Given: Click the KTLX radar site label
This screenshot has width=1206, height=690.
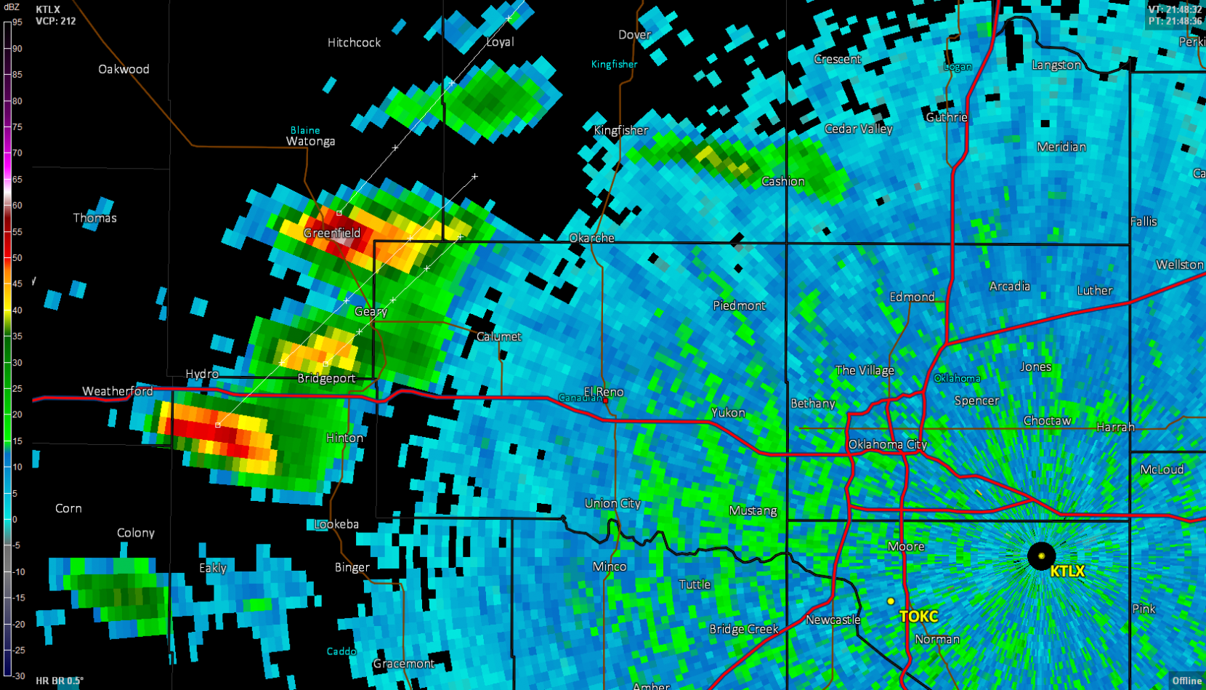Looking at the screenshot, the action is coord(1067,571).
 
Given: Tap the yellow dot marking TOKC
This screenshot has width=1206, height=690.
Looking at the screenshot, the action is coord(891,601).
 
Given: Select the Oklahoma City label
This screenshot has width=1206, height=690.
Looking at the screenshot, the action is coord(887,444).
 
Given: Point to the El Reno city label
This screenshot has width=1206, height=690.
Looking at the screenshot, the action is coord(604,392).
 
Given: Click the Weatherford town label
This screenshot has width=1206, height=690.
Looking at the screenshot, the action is coord(117,391).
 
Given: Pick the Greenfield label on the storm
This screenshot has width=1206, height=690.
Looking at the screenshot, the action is coord(331,233).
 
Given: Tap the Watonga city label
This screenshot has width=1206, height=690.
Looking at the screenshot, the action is coord(310,141).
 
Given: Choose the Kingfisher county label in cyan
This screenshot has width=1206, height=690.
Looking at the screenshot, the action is coord(614,64).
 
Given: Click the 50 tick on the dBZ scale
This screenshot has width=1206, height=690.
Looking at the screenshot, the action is coord(17,257).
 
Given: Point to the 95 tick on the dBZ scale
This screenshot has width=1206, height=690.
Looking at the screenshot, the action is coord(17,22).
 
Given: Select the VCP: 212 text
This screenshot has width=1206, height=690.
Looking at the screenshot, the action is coord(55,21).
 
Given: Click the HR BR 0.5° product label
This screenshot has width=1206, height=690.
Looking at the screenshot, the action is coord(59,681).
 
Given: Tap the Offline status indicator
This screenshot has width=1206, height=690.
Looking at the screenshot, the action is coord(1186,681).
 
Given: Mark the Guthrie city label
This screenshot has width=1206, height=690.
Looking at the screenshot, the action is coord(946,117).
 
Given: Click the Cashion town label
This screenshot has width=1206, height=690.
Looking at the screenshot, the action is coord(782,181).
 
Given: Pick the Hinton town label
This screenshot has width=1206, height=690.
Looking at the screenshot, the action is coord(344,438).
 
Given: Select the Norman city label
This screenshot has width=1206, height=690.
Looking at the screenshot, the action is coord(936,639).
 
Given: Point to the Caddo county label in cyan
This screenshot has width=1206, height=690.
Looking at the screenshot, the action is coord(341,651).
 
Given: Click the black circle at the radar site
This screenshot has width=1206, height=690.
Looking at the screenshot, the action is coord(1041,555).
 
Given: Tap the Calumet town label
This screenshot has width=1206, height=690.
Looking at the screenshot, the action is coord(498,337).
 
